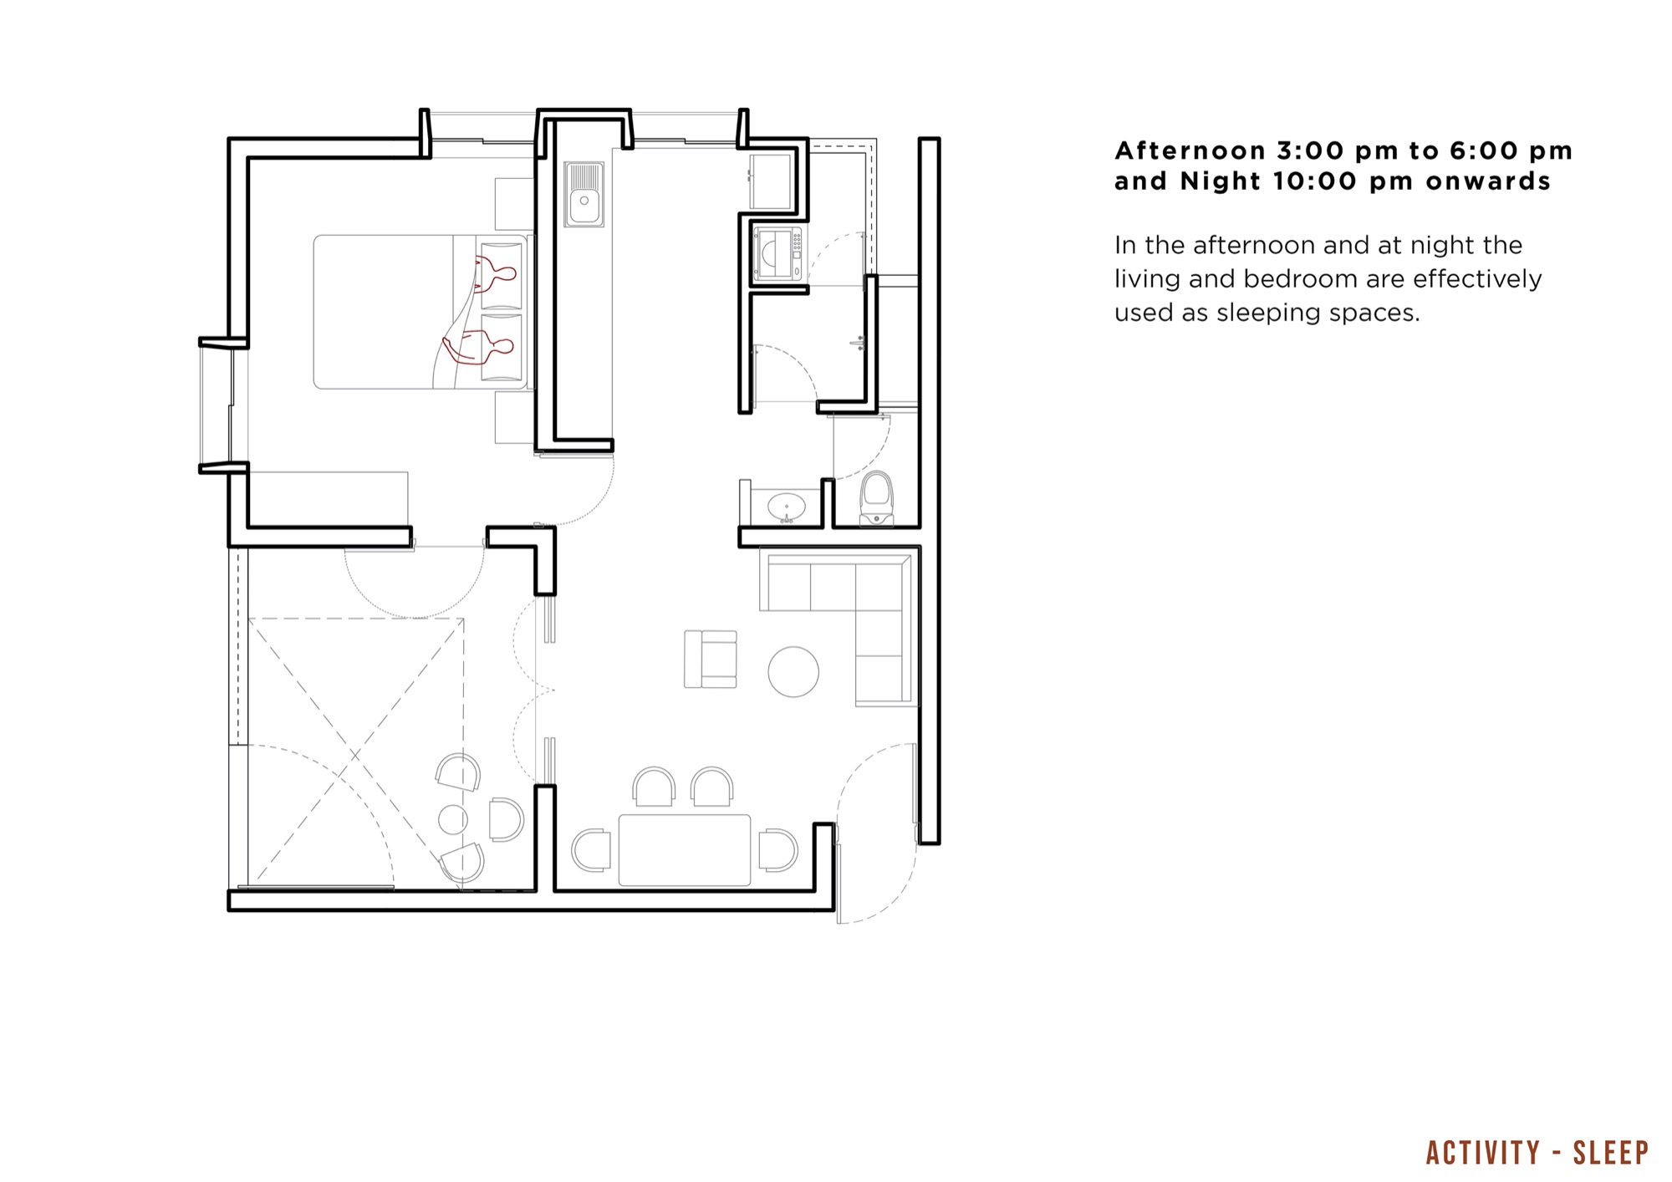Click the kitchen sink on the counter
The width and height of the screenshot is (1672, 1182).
coord(584,194)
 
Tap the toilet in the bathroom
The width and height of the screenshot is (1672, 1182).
coord(876,498)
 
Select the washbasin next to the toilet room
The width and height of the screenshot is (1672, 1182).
coord(787,507)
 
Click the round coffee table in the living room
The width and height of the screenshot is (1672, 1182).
coord(793,671)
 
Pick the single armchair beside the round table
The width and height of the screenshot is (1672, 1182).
coord(711,659)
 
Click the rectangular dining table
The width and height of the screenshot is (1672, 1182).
coord(684,849)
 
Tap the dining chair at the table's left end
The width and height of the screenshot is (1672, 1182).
coord(592,851)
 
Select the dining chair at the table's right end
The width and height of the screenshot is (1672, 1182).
coord(778,850)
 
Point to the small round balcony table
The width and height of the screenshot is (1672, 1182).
coord(453,819)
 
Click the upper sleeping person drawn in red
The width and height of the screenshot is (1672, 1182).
coord(495,273)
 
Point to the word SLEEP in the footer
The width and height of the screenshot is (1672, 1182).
coord(1610,1153)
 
